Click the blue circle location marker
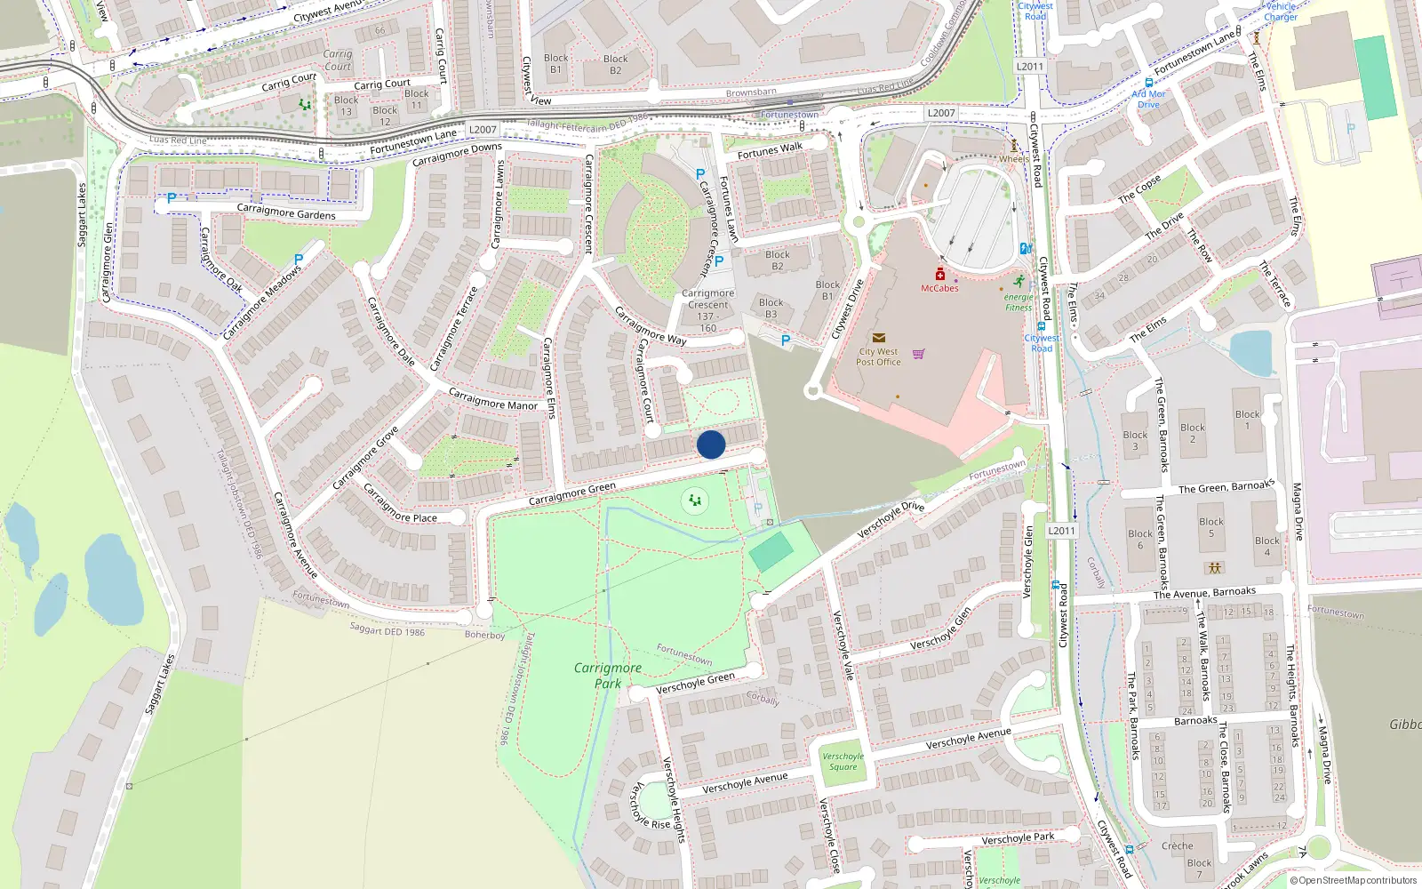pos(711,444)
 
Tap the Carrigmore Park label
pos(608,676)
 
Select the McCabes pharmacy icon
pos(939,275)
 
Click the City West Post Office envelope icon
pos(879,338)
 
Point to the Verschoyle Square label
pos(843,762)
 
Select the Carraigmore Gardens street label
pos(286,212)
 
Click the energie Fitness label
pos(1019,302)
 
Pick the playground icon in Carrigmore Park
pos(695,501)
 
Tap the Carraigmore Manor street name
pos(492,399)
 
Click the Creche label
pos(1177,845)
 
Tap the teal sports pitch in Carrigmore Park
pos(771,553)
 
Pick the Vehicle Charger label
pos(1281,11)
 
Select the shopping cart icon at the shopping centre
pos(918,354)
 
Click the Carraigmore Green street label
pos(571,494)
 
